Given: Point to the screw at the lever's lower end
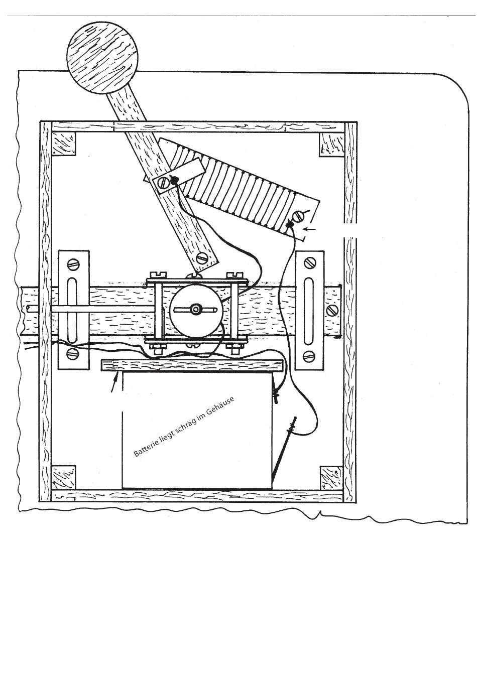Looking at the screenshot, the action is pyautogui.click(x=202, y=257).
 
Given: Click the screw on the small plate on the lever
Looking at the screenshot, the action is pyautogui.click(x=163, y=184).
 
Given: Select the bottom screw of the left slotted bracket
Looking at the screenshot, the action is pyautogui.click(x=73, y=355).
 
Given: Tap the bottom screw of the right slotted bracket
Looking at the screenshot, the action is pyautogui.click(x=309, y=356).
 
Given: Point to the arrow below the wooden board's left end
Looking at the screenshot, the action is pyautogui.click(x=116, y=383).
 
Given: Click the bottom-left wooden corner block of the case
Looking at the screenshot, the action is pyautogui.click(x=63, y=478).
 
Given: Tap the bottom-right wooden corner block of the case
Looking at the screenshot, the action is pyautogui.click(x=331, y=478).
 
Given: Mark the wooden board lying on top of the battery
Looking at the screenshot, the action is pyautogui.click(x=193, y=365).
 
